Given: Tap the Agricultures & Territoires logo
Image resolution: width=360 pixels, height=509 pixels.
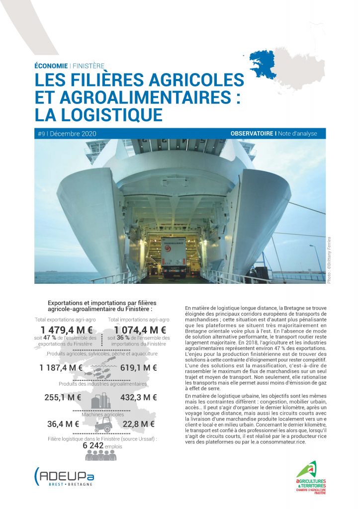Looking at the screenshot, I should tap(312, 477).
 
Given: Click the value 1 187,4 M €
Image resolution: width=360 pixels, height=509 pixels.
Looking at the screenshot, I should tap(61, 368).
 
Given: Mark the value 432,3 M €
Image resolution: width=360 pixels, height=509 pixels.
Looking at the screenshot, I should tap(139, 397).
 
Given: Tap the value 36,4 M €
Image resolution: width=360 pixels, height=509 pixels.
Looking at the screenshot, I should tap(63, 424).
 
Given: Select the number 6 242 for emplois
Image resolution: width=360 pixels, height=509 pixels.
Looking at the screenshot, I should tap(93, 446).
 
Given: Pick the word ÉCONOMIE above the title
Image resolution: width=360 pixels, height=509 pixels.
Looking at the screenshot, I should tap(51, 66).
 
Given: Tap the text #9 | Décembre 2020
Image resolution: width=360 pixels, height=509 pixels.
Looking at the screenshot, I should tap(67, 134).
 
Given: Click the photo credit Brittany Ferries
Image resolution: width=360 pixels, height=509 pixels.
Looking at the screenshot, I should tap(329, 259).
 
